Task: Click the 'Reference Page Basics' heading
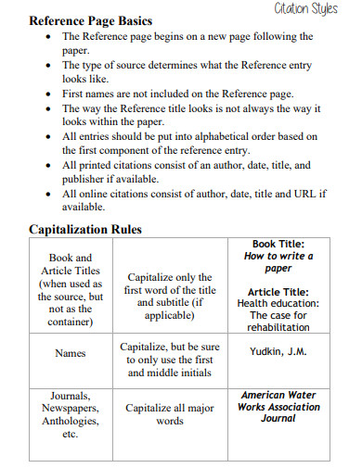(91, 20)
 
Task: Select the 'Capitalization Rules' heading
(84, 229)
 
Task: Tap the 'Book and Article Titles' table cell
(71, 289)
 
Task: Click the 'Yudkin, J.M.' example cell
(278, 352)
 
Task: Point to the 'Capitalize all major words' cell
(169, 414)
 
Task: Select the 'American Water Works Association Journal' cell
(278, 407)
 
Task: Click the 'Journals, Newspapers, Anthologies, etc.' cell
(71, 414)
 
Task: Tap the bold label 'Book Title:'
(278, 244)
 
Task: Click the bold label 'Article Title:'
(278, 291)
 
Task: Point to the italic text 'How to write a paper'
(278, 262)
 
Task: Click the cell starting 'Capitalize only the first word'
(169, 296)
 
